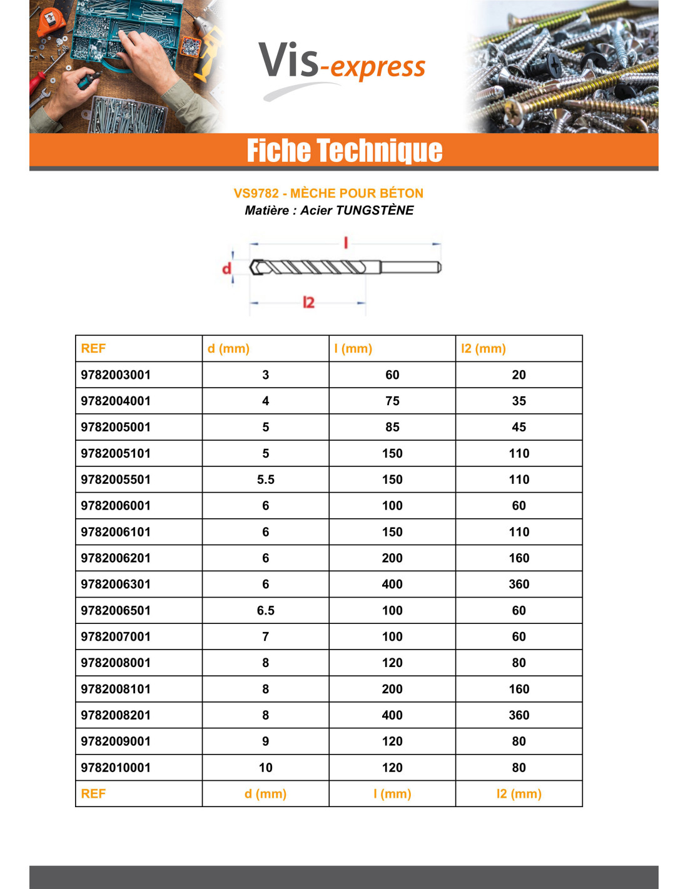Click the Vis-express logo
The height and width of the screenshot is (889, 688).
pos(341,65)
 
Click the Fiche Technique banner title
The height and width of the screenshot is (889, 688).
pos(344,151)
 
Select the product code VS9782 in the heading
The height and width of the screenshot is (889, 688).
pos(256,193)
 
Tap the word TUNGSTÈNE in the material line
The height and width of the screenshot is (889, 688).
pos(375,211)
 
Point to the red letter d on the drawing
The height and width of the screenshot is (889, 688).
pos(226,269)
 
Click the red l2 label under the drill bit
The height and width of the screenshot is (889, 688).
pos(308,303)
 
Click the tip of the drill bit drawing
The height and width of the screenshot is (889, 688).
pos(253,268)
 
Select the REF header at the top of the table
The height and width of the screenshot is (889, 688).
pos(94,349)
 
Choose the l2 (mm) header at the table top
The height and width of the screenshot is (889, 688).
pos(483,349)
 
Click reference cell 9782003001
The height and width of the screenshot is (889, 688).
pos(116,375)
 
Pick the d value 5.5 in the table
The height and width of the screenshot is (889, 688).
pos(266,480)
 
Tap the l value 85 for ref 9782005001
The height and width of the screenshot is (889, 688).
pos(392,427)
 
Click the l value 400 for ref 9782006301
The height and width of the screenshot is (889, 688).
pos(392,585)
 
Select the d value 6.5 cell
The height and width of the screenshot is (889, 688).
pos(266,611)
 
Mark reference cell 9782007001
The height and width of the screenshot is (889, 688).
pos(116,637)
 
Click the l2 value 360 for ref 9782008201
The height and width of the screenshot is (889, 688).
pos(519,715)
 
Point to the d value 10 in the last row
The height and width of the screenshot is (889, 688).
pos(266,768)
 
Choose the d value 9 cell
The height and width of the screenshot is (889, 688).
pos(266,741)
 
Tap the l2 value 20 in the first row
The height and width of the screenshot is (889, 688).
pos(519,375)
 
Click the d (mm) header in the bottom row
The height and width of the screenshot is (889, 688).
pos(266,794)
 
